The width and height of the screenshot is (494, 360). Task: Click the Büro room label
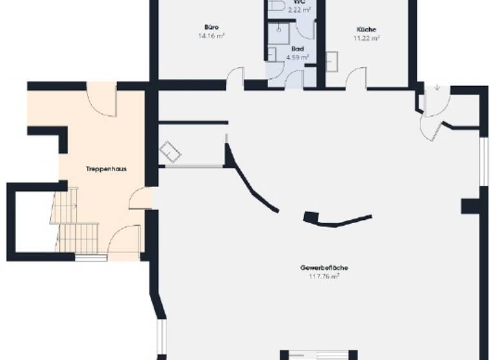tap(211, 27)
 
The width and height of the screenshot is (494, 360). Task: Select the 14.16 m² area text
tap(211, 36)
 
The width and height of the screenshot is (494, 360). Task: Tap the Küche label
tap(367, 29)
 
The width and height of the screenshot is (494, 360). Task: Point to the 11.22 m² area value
tap(367, 38)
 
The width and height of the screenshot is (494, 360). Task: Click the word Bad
tap(297, 48)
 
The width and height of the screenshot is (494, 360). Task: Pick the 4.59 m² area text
tap(297, 57)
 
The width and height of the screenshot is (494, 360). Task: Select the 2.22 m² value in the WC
tap(299, 10)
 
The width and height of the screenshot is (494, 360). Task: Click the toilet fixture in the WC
tap(277, 6)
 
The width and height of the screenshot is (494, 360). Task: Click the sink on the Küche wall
tap(332, 61)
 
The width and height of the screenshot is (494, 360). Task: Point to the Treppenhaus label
tap(105, 169)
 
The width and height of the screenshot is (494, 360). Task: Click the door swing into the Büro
tap(235, 76)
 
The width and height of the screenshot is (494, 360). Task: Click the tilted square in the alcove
tap(171, 152)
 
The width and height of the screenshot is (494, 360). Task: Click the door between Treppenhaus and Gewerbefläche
tap(140, 199)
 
